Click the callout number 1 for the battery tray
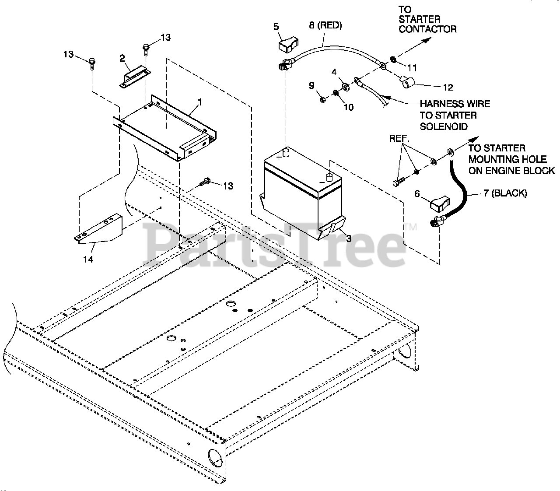tap(199, 102)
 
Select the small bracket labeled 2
tap(135, 76)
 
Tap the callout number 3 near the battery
tap(349, 238)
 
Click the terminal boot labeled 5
tap(287, 44)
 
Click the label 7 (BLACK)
tap(505, 193)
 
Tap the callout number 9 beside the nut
tap(312, 86)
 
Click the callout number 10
tap(348, 107)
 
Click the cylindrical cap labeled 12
tap(406, 81)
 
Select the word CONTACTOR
tap(427, 29)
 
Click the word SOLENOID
tap(444, 126)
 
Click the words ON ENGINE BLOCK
tap(511, 170)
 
